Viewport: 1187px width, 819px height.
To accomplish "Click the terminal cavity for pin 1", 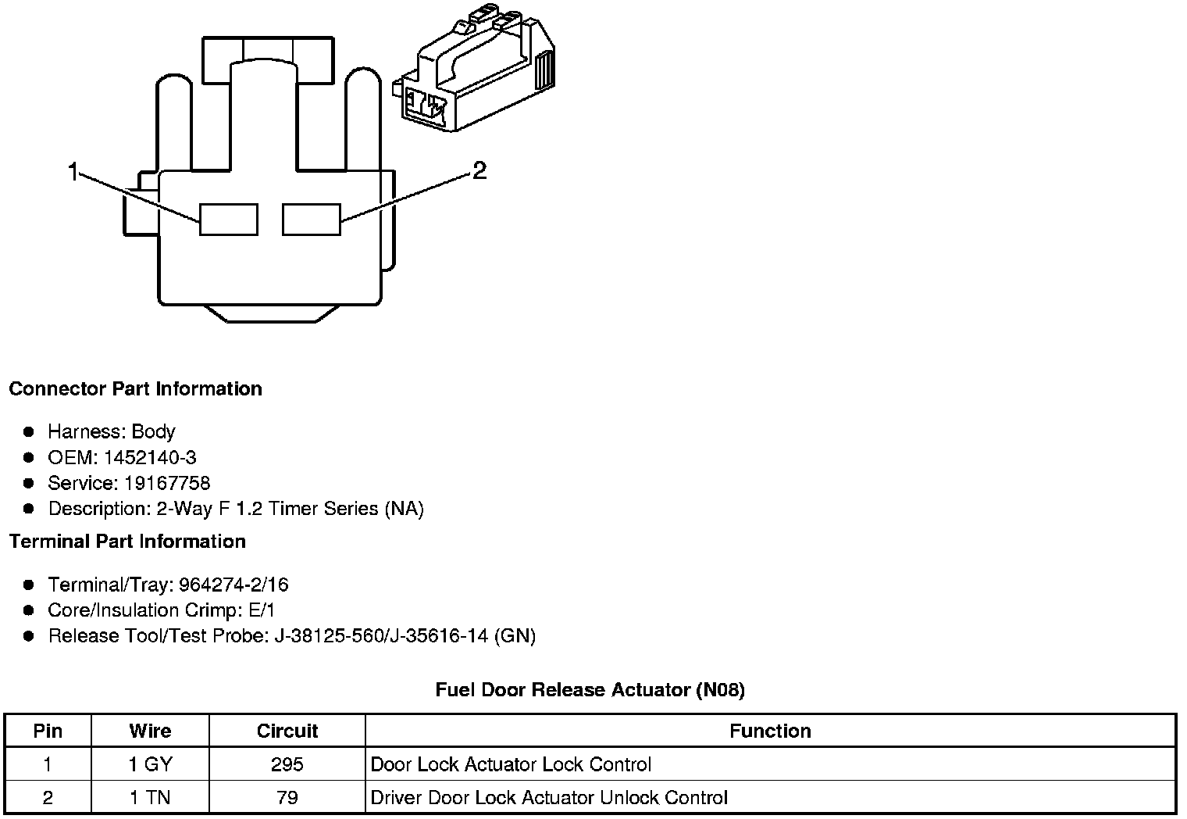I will (x=228, y=219).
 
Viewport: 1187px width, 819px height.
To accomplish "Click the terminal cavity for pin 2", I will (x=312, y=219).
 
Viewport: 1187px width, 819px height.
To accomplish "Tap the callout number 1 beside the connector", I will (x=73, y=172).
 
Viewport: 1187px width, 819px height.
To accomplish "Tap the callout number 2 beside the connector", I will (x=479, y=170).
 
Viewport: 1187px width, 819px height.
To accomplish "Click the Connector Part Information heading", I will (x=135, y=389).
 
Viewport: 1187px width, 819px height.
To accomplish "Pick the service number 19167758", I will (x=167, y=483).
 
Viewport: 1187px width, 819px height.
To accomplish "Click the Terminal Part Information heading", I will (x=127, y=542).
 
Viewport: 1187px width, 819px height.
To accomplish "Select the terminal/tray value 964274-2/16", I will (x=233, y=585).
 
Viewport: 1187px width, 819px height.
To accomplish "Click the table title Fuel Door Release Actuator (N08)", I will (x=590, y=689).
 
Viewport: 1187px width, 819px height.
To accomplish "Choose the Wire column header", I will (x=150, y=731).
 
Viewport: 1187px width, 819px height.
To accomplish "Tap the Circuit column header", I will (x=287, y=731).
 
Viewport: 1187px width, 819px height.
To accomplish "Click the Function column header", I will (x=770, y=731).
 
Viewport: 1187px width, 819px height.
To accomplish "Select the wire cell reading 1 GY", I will (x=150, y=764).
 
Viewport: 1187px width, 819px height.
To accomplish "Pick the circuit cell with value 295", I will (x=287, y=764).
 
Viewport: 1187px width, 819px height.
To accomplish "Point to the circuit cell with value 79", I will (x=287, y=798).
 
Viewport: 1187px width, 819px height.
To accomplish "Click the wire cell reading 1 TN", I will (x=150, y=798).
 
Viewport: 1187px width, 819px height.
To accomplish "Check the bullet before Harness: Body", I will (x=29, y=431).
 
